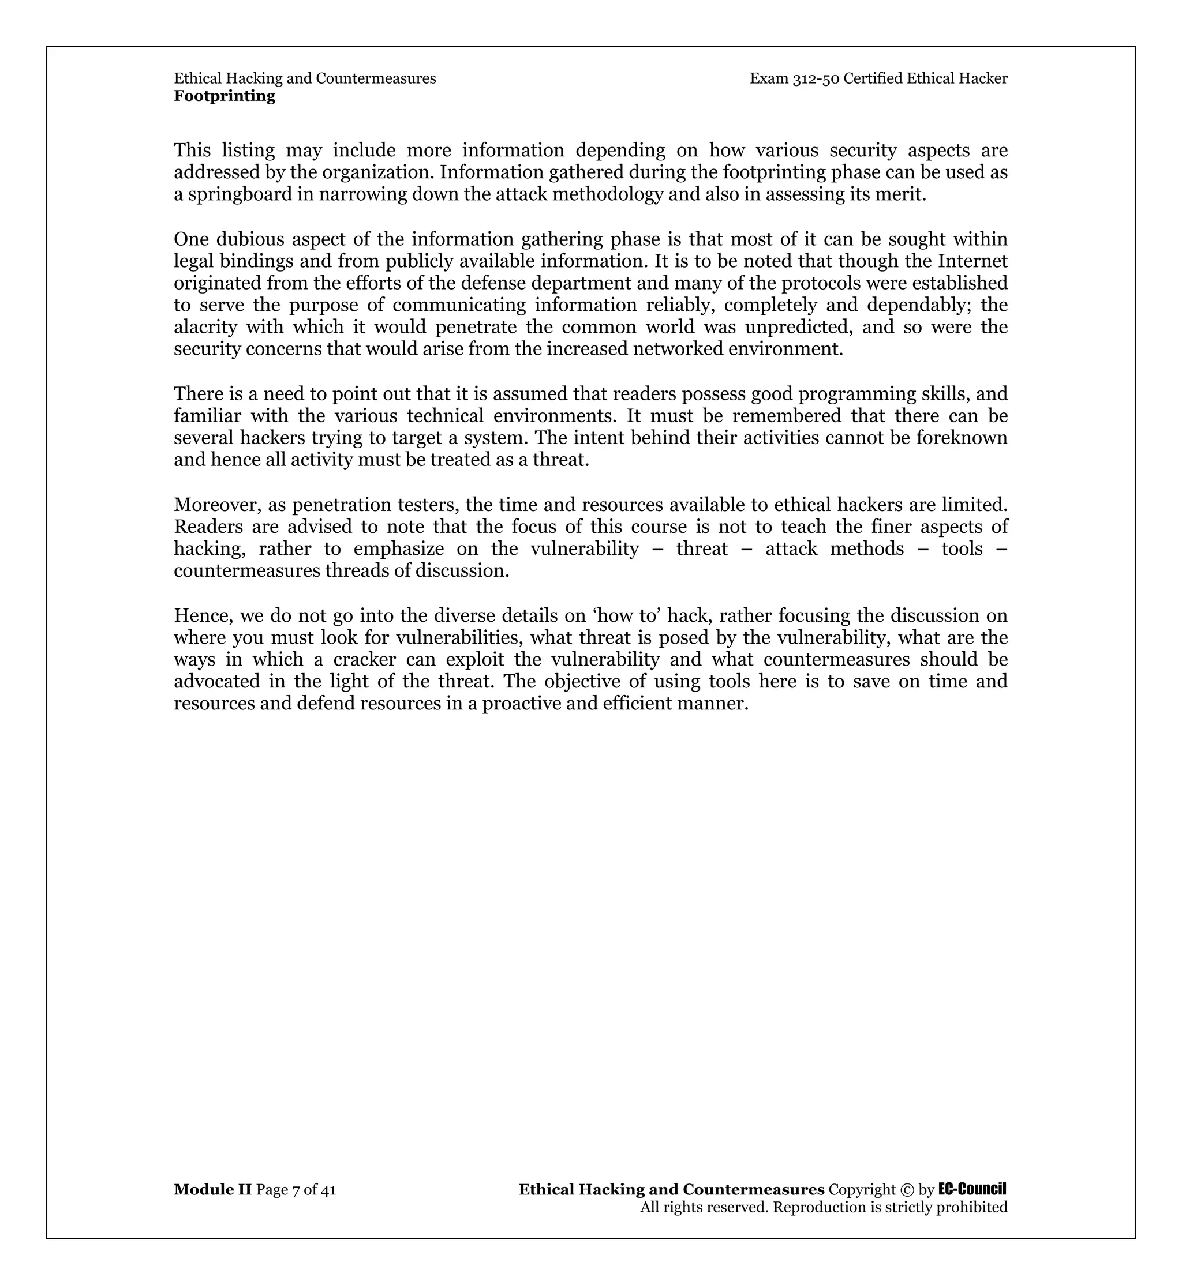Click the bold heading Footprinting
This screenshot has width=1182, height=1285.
click(225, 96)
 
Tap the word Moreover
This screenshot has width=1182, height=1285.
click(218, 505)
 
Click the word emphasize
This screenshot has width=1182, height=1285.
click(398, 549)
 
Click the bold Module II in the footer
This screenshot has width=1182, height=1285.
click(212, 1189)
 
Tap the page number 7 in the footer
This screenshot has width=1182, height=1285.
click(295, 1190)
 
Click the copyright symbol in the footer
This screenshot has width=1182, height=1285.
click(907, 1190)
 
